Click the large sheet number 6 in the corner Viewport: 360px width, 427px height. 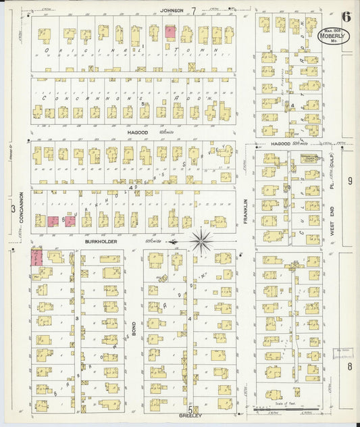[345, 18]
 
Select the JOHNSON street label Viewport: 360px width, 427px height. [174, 10]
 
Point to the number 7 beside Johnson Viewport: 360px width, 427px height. [194, 11]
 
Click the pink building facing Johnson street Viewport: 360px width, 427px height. [170, 32]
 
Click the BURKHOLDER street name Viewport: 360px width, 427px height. [101, 241]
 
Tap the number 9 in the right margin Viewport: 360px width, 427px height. [350, 181]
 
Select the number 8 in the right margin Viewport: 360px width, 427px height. [350, 366]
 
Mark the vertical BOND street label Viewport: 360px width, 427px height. [134, 329]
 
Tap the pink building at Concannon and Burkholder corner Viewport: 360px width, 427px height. [36, 257]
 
